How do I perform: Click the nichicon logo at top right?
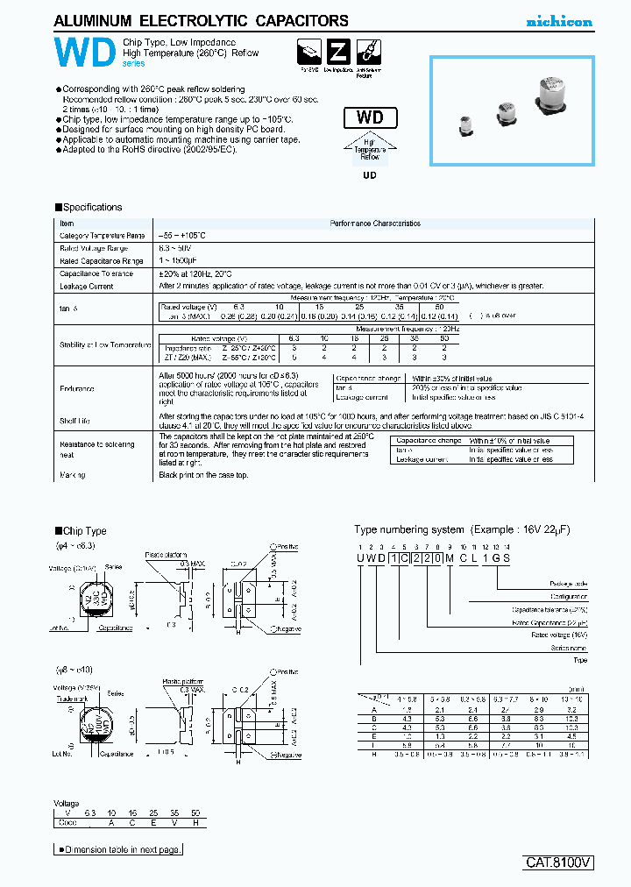coord(558,22)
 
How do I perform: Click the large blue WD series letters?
coord(84,53)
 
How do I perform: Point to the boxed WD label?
coord(375,118)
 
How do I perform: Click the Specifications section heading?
coord(89,208)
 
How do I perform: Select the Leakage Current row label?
coord(86,287)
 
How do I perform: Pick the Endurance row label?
coord(76,388)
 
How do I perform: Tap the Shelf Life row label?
coord(74,421)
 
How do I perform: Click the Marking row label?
coord(73,475)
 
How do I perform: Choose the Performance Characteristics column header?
coord(374,224)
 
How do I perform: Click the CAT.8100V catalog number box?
coord(559,862)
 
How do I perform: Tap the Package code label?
coord(569,584)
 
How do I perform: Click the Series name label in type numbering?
coord(570,648)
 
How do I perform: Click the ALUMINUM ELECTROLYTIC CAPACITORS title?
coord(201,21)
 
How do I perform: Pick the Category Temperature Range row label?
coord(102,236)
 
